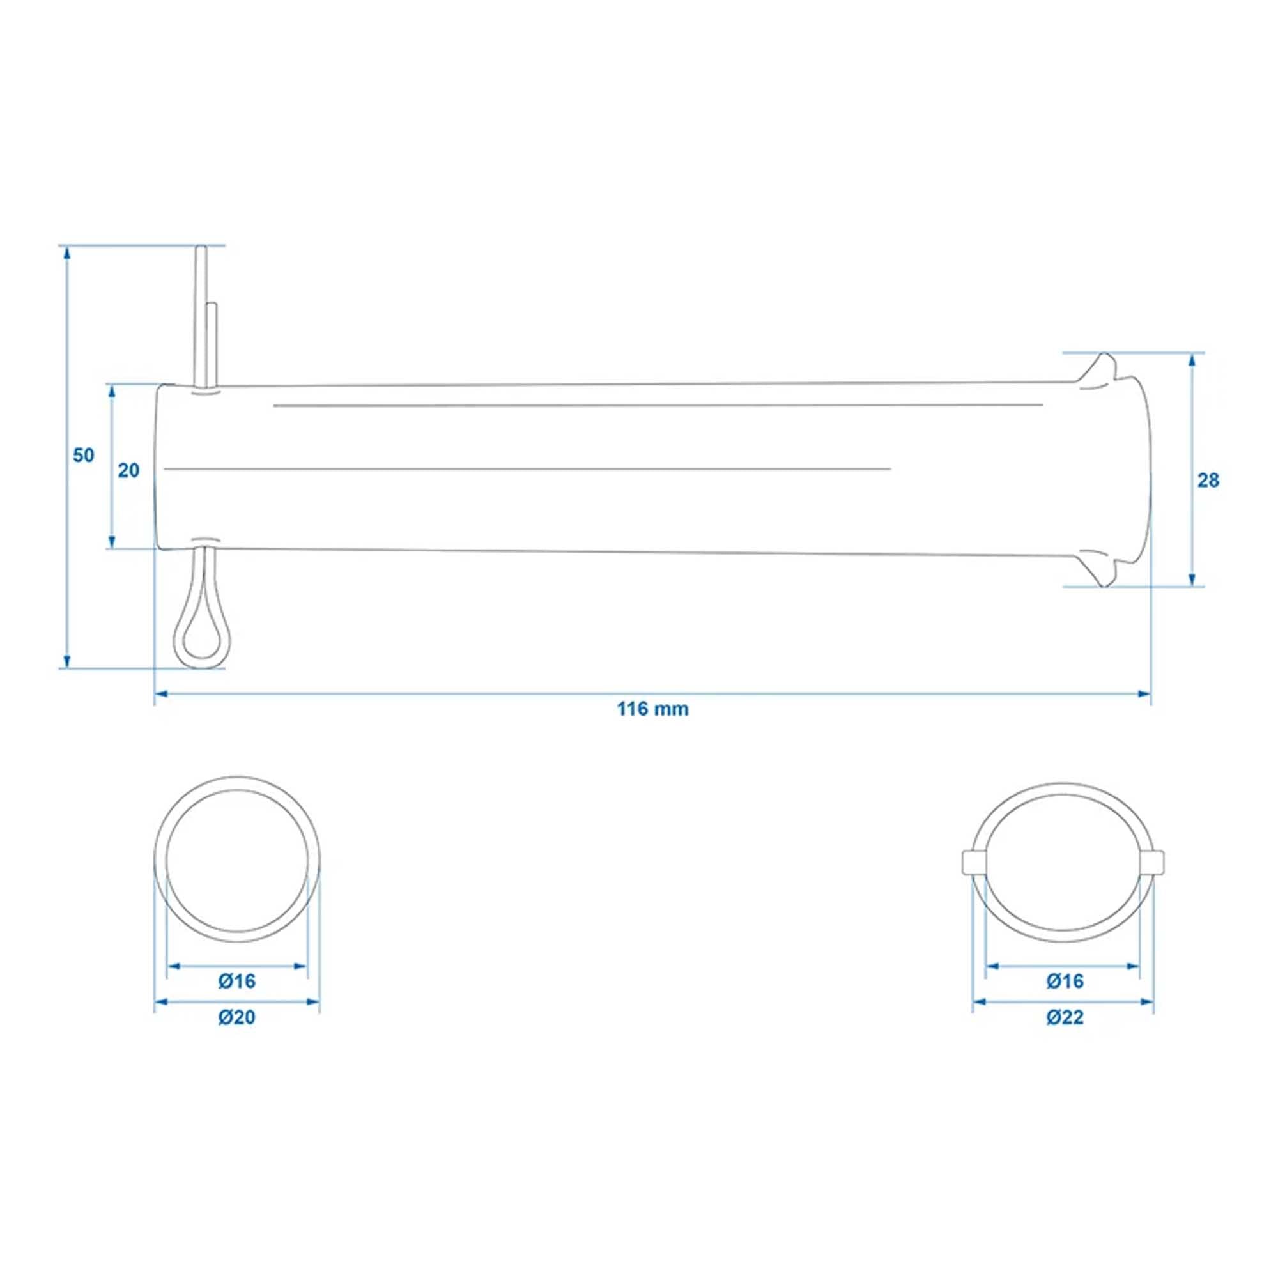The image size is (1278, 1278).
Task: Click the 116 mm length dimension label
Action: [652, 709]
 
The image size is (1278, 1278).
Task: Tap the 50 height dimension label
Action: [83, 455]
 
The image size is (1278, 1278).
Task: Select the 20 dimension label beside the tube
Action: [129, 470]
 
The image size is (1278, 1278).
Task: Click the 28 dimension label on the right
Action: [1208, 481]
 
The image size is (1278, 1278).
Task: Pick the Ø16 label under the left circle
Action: [237, 981]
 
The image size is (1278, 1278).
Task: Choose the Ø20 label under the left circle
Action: [237, 1017]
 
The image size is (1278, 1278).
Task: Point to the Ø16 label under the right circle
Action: [1065, 981]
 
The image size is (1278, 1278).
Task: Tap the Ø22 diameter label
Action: [1065, 1017]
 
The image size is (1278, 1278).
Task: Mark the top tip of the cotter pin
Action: [201, 250]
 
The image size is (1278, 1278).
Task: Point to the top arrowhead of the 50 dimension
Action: [66, 251]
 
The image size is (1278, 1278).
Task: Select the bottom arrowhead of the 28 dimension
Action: [1192, 580]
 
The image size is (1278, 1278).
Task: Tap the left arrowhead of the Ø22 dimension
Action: [978, 1002]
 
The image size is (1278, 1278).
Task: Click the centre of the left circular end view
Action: [237, 859]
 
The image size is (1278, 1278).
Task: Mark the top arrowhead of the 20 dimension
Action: [112, 390]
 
